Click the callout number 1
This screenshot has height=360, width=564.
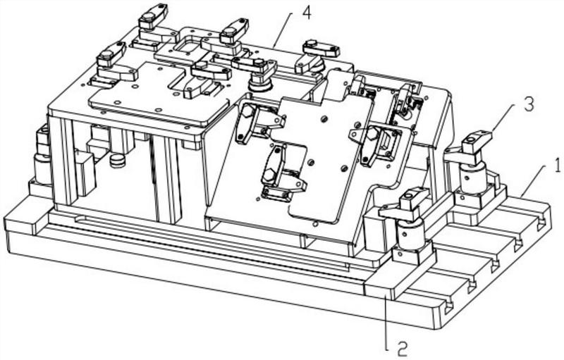(557, 167)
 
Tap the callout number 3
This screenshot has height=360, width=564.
(528, 104)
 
